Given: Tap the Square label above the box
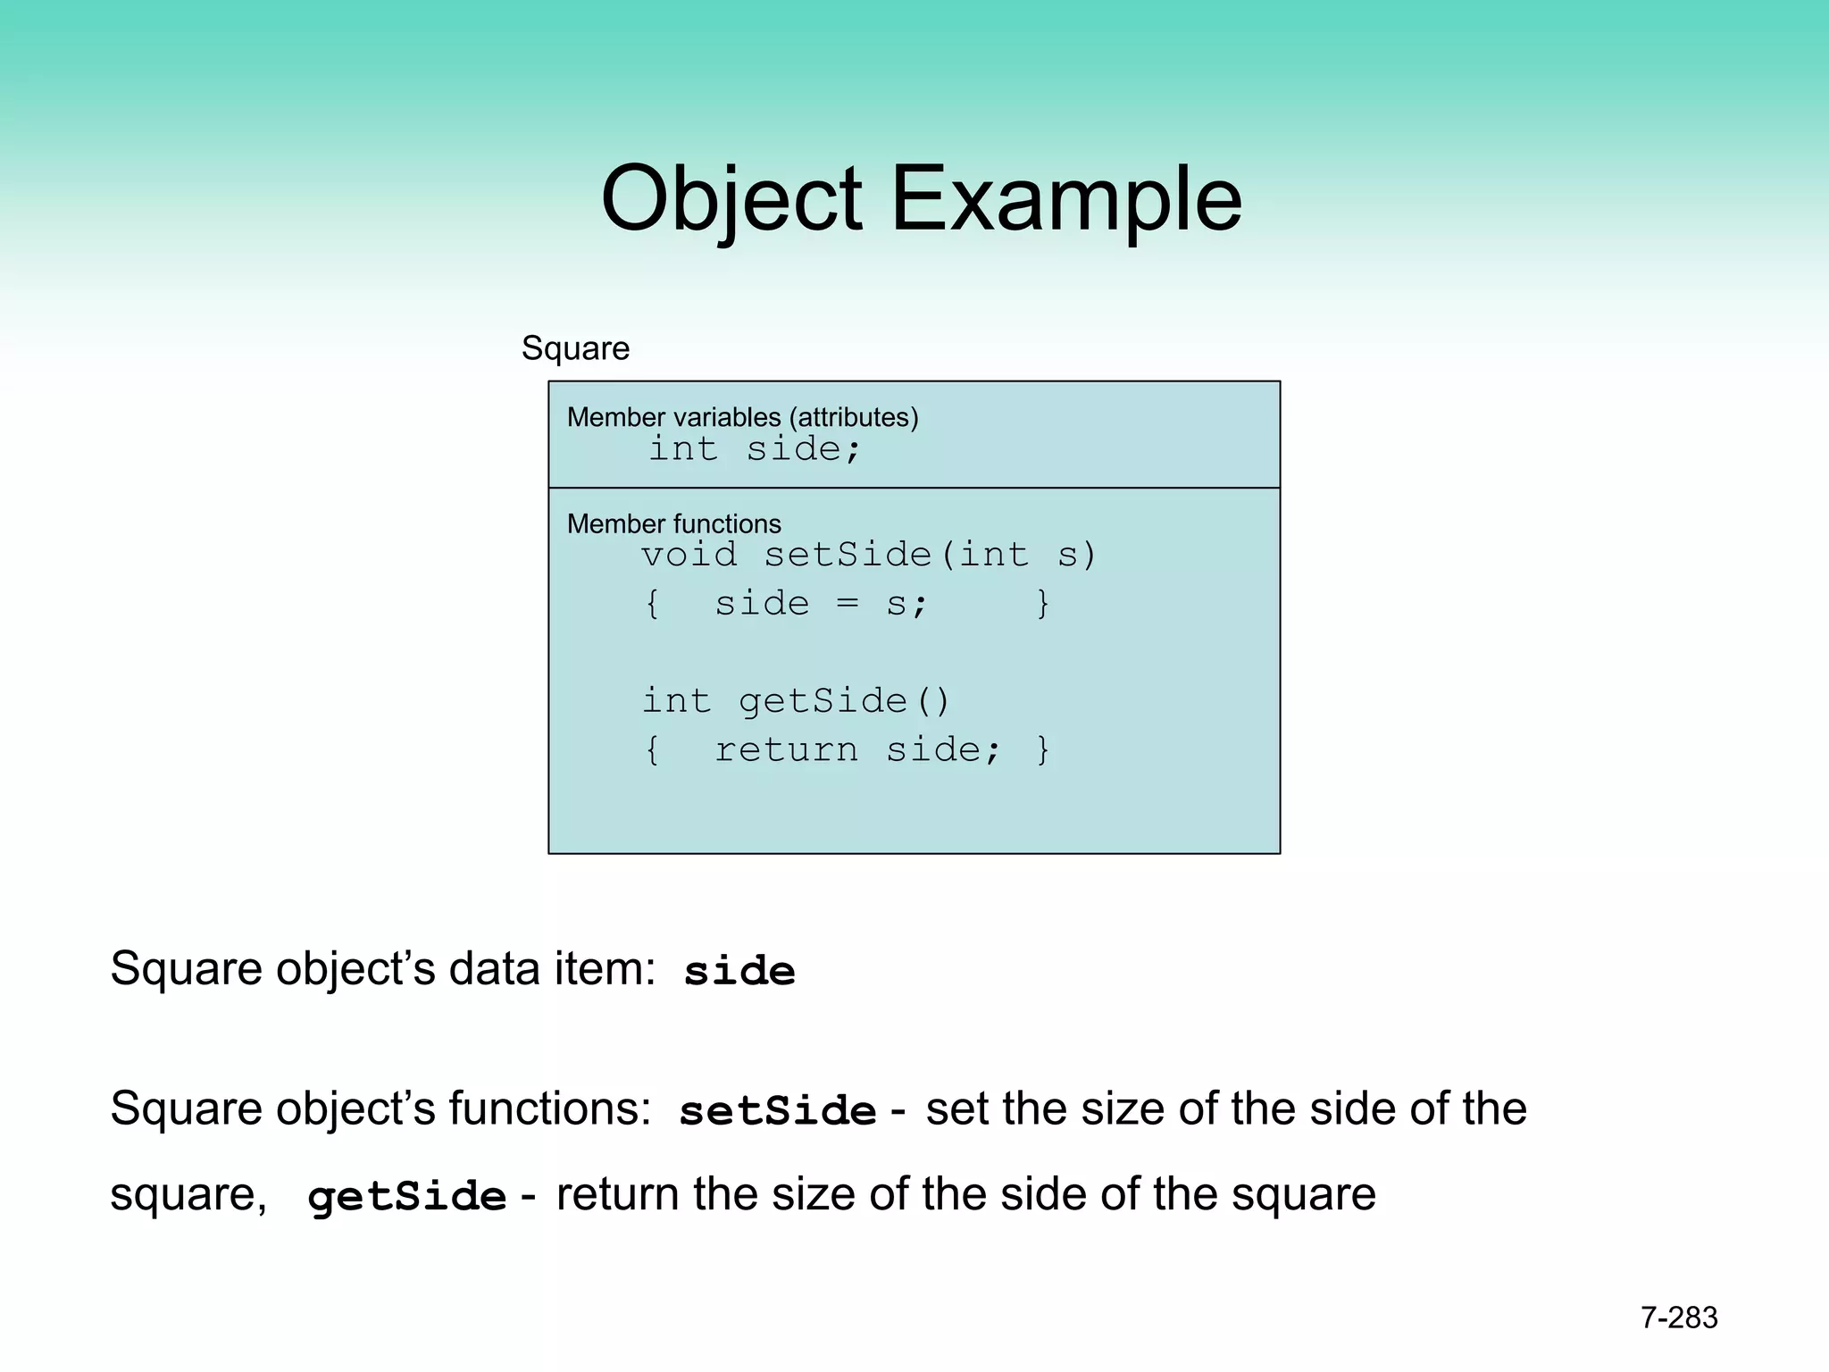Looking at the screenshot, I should pyautogui.click(x=575, y=348).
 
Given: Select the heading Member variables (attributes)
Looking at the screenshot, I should pyautogui.click(x=742, y=417).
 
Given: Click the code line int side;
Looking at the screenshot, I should pyautogui.click(x=755, y=448).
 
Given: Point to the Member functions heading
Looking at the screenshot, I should pyautogui.click(x=673, y=523).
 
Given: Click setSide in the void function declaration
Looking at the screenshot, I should pyautogui.click(x=848, y=555).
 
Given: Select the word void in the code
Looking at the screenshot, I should pyautogui.click(x=689, y=555).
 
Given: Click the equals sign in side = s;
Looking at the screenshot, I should pyautogui.click(x=848, y=604).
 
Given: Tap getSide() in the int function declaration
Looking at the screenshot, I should pyautogui.click(x=844, y=701).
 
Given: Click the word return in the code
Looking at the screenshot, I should pyautogui.click(x=786, y=750).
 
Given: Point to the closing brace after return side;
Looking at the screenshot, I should pyautogui.click(x=1042, y=750).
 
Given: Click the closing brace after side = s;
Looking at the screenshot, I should pyautogui.click(x=1042, y=604).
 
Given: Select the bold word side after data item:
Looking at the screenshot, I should pyautogui.click(x=739, y=972).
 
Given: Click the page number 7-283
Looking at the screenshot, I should pyautogui.click(x=1679, y=1318).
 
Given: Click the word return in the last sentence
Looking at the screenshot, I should pyautogui.click(x=618, y=1195).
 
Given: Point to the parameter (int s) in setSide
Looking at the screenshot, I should pyautogui.click(x=1027, y=555).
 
